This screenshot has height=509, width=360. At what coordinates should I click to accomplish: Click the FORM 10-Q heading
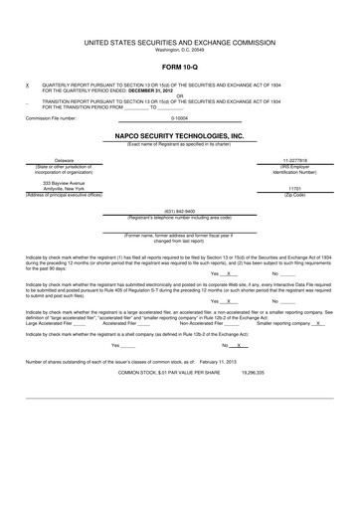tap(179, 67)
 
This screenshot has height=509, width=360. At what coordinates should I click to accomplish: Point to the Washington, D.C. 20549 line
tap(179, 50)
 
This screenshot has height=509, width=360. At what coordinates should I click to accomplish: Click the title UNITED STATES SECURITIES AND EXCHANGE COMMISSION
tap(179, 43)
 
